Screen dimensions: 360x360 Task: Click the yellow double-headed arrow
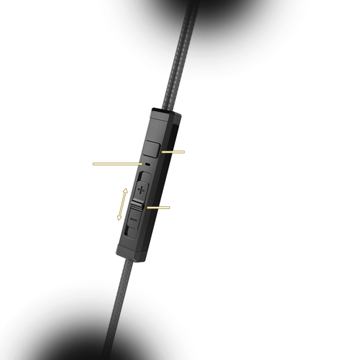coord(122,204)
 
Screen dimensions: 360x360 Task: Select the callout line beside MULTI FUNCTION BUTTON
coord(173,152)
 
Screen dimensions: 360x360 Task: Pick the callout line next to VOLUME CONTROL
coord(158,207)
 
